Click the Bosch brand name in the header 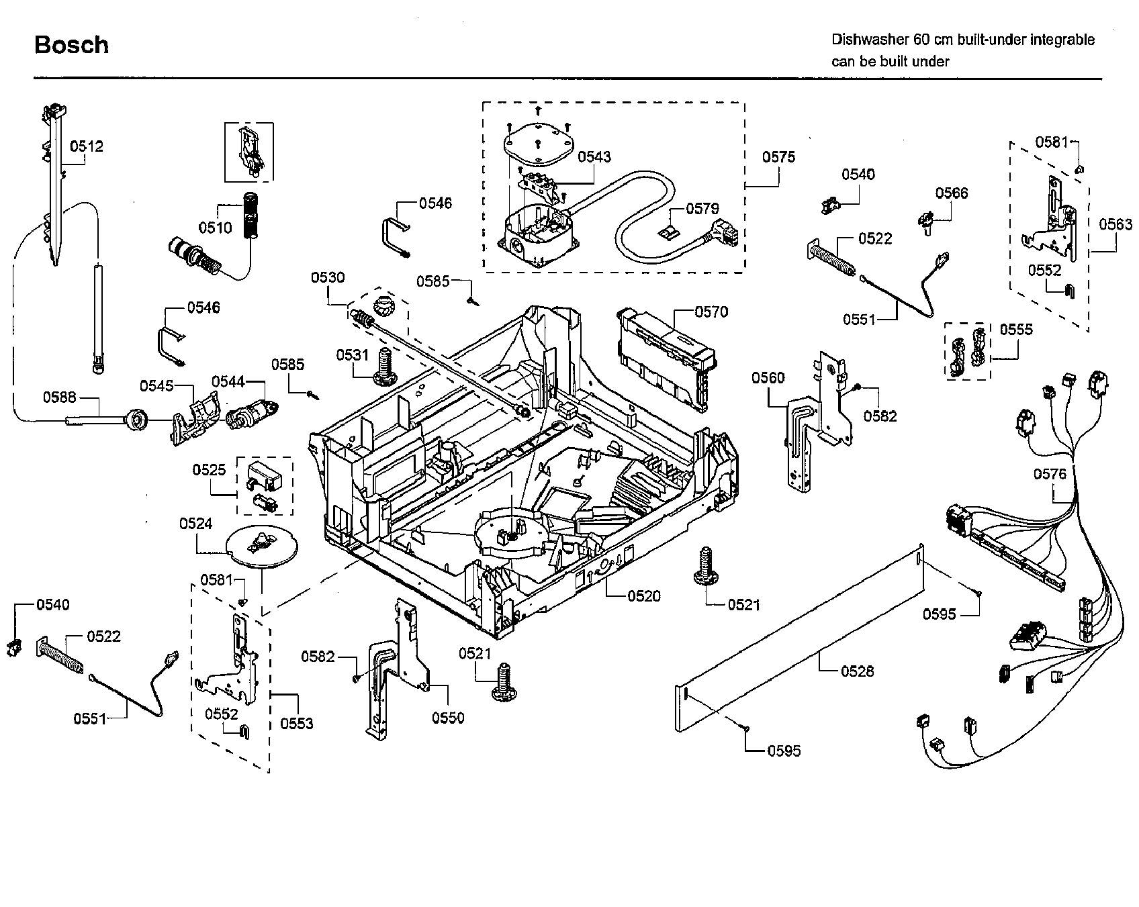pos(71,45)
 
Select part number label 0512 pos(87,146)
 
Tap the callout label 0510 pos(215,228)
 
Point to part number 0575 pos(778,157)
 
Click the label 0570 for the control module pos(711,312)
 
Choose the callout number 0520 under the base pos(644,595)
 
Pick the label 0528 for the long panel pos(858,671)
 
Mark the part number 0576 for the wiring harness pos(1050,475)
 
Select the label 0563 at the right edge pos(1115,225)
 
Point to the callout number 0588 pos(60,397)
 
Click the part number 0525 pos(209,470)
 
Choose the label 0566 pos(952,193)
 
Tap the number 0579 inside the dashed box pos(702,209)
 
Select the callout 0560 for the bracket pos(768,378)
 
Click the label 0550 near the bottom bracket pos(448,718)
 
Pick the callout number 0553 pos(297,723)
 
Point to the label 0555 pos(1016,330)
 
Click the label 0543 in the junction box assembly pos(594,157)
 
